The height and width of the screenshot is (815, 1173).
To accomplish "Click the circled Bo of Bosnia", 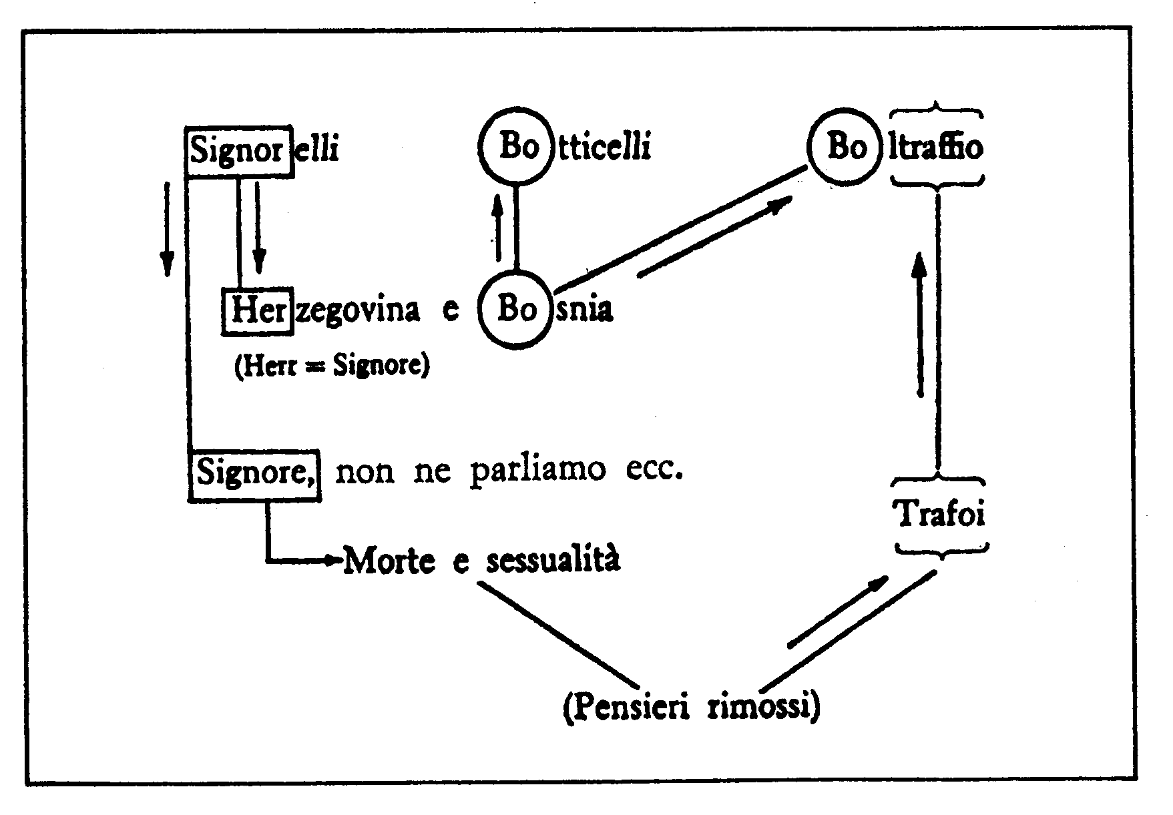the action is point(517,310).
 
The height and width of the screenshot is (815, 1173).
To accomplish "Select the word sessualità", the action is point(553,559).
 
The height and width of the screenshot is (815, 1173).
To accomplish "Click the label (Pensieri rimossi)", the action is point(691,708).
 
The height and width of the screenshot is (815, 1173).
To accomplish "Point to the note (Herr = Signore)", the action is point(332,366).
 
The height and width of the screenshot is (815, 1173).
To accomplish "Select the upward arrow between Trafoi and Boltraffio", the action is point(920,325).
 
